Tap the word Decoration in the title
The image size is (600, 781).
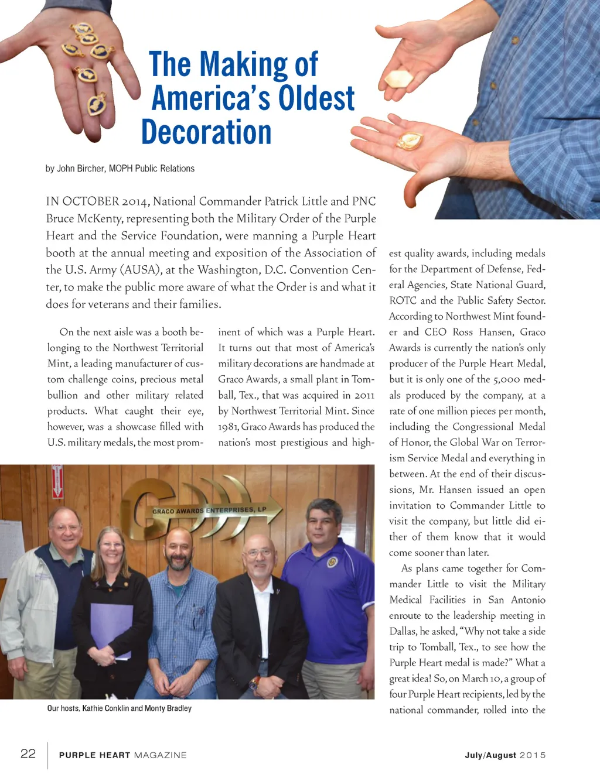(206, 132)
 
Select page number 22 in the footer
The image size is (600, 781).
(28, 753)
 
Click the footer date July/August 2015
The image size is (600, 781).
(505, 755)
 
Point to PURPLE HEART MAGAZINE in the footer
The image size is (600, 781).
(122, 755)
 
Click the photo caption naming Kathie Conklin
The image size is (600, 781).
(120, 708)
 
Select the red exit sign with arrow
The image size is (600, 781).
(57, 482)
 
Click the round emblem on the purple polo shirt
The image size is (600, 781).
(332, 562)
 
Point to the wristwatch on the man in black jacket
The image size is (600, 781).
(254, 682)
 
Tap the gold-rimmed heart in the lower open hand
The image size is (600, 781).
(410, 141)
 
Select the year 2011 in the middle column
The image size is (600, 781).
(363, 395)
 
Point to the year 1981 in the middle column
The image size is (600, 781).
(228, 427)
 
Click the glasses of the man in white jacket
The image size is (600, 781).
(66, 527)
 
